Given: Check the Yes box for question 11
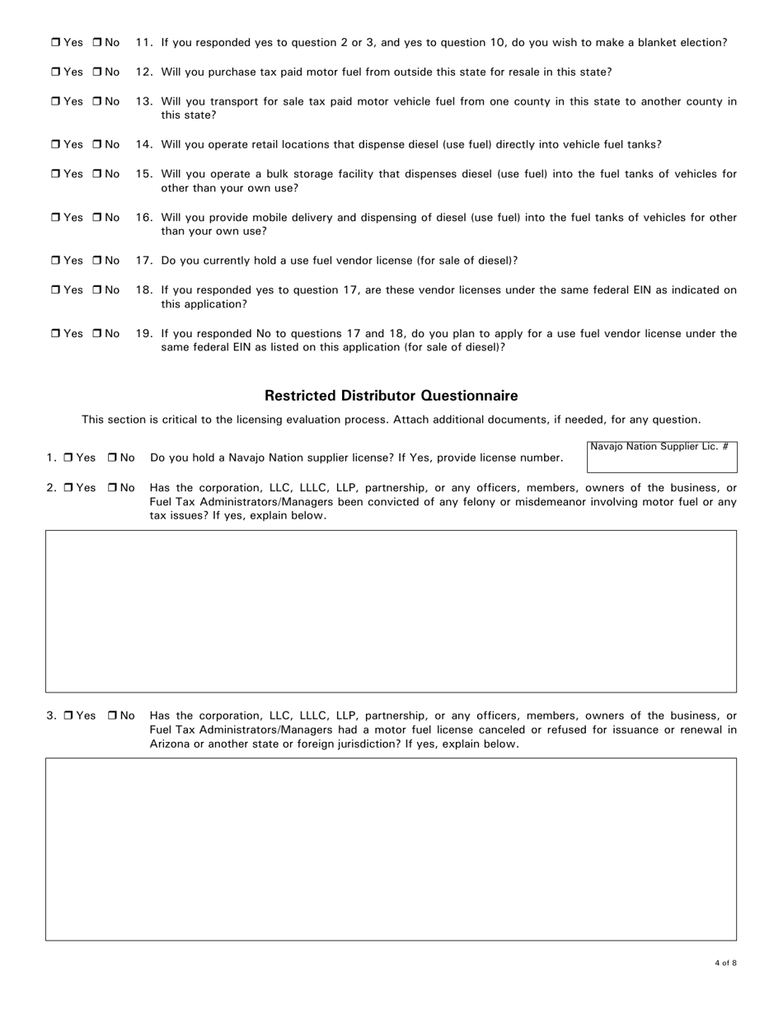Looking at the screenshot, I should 55,42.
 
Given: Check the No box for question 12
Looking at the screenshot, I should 96,72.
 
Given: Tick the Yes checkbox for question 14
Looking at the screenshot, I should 55,144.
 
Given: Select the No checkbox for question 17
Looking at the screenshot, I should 96,261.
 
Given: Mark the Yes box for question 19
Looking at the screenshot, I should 55,334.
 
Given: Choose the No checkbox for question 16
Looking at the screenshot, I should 96,218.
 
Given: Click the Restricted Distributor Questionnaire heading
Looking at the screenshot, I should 391,396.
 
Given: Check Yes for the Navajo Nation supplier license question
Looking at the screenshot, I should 68,458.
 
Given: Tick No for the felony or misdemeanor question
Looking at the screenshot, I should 112,487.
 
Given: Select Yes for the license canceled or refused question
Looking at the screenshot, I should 68,716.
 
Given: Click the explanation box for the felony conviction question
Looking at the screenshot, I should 391,611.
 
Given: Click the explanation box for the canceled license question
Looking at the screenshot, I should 391,849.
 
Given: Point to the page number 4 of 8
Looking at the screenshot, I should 725,963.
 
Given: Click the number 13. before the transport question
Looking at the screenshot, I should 144,101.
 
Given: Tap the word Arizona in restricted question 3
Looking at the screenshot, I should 171,744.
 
